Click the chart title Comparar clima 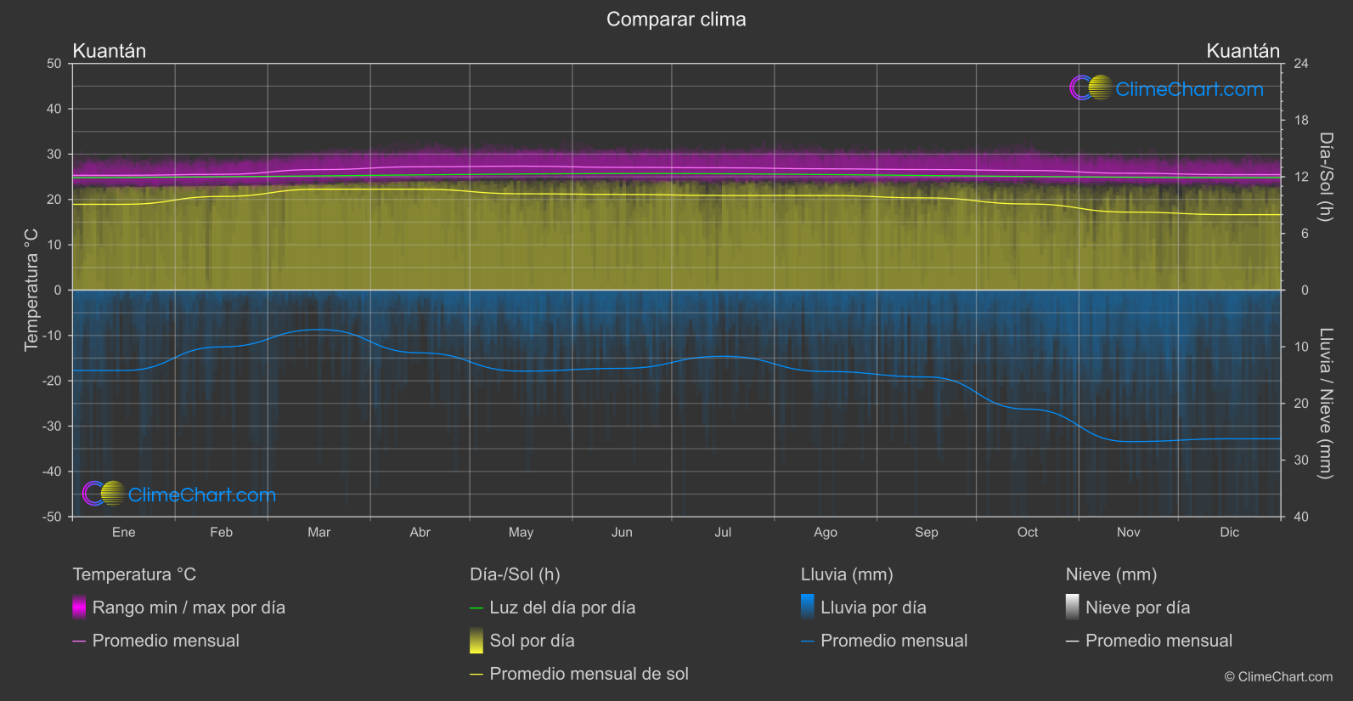[x=676, y=20]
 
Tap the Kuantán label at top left [x=110, y=51]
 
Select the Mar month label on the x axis [x=319, y=533]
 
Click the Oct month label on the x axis [x=1027, y=533]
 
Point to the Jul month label [x=723, y=533]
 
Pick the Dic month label [x=1229, y=533]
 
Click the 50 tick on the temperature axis [x=54, y=64]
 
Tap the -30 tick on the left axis [x=52, y=427]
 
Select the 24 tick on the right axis [x=1300, y=64]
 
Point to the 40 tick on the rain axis [x=1300, y=517]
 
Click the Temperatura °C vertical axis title [x=31, y=290]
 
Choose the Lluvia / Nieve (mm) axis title [x=1325, y=403]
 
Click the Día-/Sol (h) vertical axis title [x=1325, y=177]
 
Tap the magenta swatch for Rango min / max [x=79, y=608]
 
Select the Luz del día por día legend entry [x=562, y=608]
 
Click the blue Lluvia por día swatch [x=808, y=608]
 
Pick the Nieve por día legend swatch [x=1073, y=608]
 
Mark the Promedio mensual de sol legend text [x=589, y=674]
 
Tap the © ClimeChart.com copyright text [x=1278, y=677]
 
